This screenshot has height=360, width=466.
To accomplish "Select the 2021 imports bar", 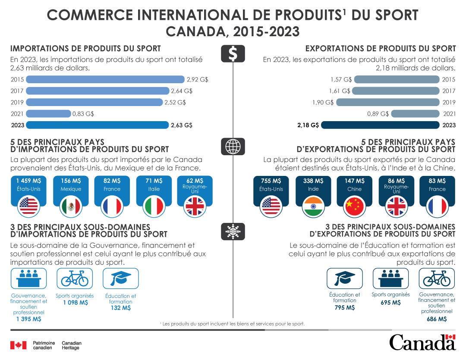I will [x=48, y=114].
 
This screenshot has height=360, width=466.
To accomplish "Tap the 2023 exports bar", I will [x=381, y=125].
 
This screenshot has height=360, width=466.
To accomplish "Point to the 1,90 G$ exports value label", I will [x=323, y=103].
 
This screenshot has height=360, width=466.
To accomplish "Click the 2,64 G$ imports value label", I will [x=182, y=91].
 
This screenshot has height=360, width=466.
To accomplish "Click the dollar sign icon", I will [x=233, y=54].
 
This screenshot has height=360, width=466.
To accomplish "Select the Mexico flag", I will [x=70, y=207].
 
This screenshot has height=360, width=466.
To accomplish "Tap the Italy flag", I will [x=154, y=207].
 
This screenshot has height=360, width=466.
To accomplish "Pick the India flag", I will [x=313, y=207].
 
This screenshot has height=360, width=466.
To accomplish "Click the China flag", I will [x=355, y=207].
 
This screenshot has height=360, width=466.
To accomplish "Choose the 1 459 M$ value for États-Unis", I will [x=29, y=181].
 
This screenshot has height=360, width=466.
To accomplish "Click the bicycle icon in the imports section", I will [x=75, y=279].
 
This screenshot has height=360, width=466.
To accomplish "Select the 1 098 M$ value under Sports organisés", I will [x=75, y=303].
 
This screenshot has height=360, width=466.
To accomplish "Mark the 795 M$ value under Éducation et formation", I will [x=344, y=308].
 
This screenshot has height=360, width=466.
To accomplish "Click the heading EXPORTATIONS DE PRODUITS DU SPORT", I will [x=380, y=48].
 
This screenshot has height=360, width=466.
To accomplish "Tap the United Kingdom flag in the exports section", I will [x=396, y=207].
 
